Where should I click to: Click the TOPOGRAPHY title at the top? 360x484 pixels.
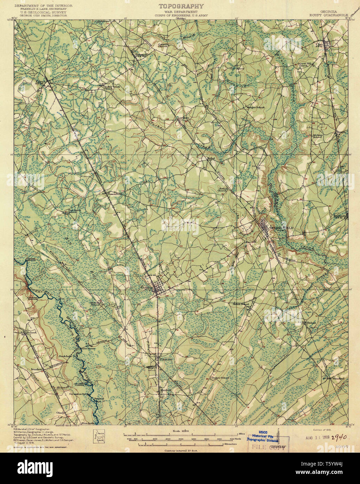[181, 6]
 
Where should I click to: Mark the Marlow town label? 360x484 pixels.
[166, 390]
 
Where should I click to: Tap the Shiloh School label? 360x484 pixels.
[241, 304]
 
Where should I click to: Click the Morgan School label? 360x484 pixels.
[256, 107]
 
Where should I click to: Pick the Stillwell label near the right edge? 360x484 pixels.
[341, 216]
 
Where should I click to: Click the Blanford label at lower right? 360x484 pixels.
[338, 378]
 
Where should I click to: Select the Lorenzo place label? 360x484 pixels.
[183, 118]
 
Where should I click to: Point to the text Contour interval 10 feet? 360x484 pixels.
[181, 450]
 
